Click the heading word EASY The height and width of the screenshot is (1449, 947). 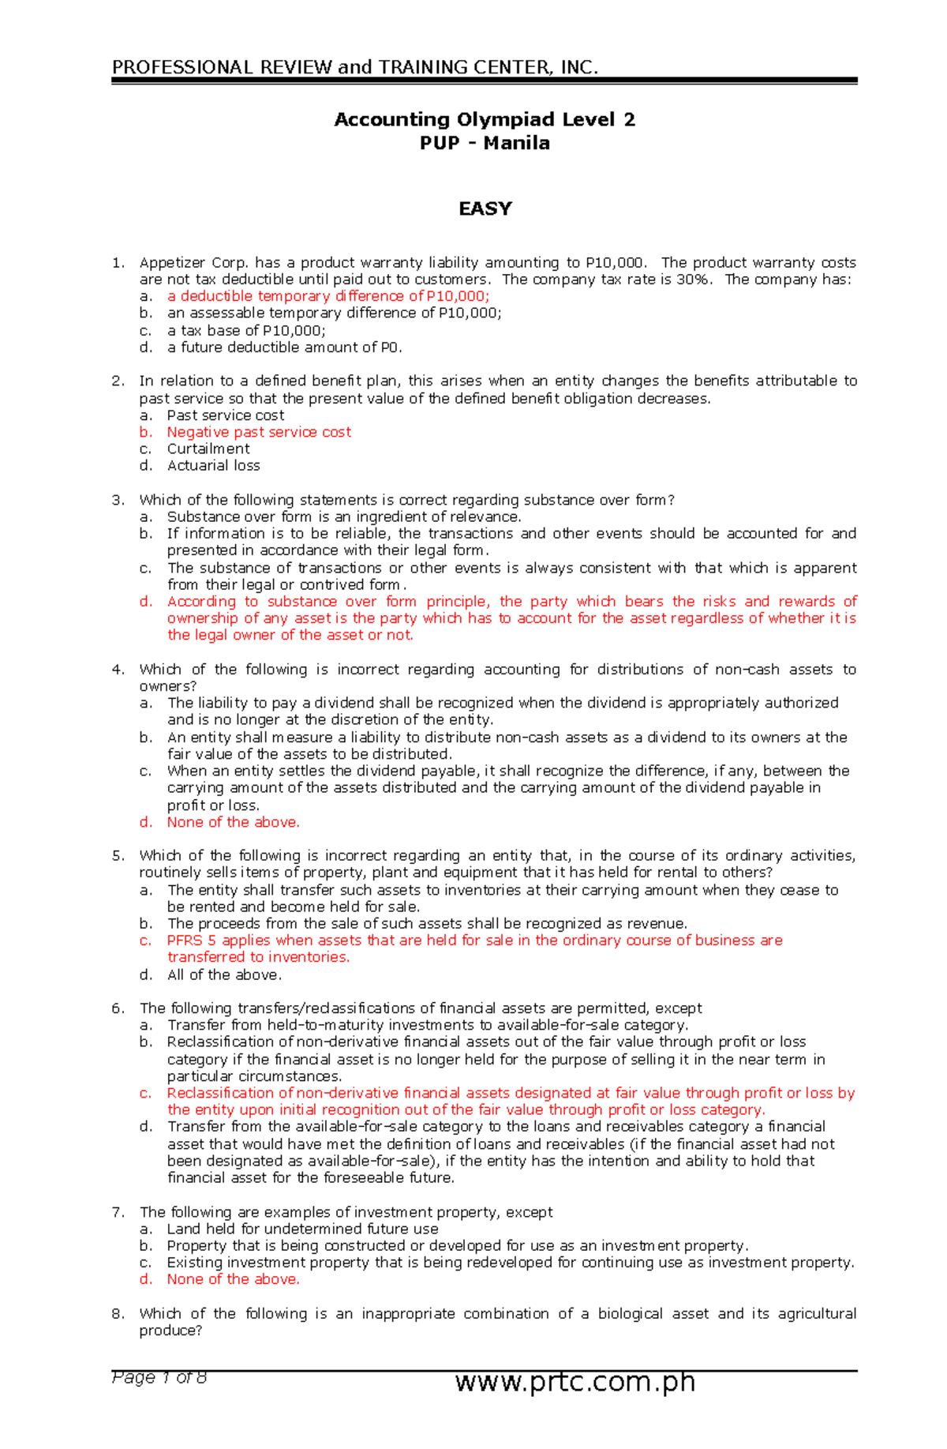(485, 208)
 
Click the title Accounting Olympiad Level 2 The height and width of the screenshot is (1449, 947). (485, 120)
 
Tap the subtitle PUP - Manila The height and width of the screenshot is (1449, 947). (485, 144)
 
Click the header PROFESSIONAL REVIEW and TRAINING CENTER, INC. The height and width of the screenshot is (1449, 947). (355, 67)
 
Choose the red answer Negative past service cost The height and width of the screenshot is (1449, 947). (259, 432)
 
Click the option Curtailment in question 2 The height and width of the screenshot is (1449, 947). (208, 449)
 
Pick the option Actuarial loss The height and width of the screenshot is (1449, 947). (213, 466)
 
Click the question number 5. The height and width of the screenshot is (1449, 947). (118, 856)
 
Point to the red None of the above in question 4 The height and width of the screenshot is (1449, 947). (233, 822)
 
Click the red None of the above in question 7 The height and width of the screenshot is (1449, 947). (233, 1279)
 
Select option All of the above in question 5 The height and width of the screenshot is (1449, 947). (224, 975)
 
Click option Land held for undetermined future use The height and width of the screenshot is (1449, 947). (302, 1229)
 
